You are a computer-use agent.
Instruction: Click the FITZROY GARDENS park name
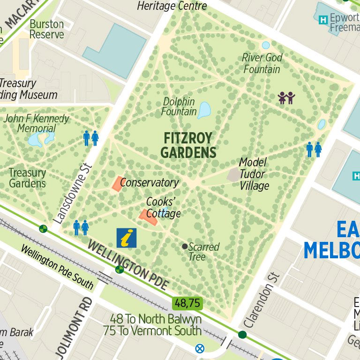(x=188, y=145)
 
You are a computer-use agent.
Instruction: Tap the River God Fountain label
(x=262, y=63)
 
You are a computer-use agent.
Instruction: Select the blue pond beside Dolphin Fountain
(x=204, y=110)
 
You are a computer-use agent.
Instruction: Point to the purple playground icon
(x=286, y=97)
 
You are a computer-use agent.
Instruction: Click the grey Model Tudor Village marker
(x=233, y=174)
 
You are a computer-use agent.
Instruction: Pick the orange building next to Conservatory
(x=116, y=183)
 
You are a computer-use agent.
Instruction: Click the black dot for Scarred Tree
(x=185, y=246)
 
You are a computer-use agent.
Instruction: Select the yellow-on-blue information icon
(x=126, y=238)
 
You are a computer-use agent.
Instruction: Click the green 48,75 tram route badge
(x=187, y=303)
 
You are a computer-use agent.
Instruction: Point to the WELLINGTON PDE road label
(x=127, y=266)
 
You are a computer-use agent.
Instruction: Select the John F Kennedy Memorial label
(x=37, y=123)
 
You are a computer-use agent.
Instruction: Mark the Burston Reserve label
(x=46, y=29)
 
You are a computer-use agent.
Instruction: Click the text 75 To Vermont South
(x=152, y=330)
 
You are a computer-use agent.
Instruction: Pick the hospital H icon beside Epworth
(x=322, y=20)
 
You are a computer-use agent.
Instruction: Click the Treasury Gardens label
(x=28, y=178)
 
